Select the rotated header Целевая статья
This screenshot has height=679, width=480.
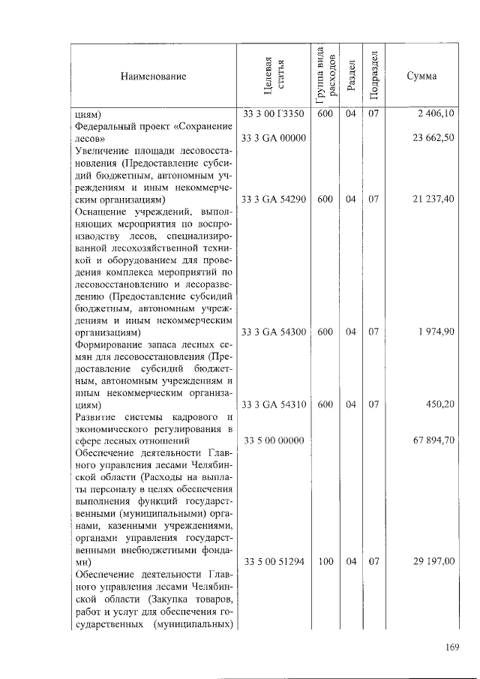[274, 77]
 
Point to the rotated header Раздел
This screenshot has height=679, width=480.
[350, 77]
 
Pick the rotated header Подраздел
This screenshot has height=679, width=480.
[373, 77]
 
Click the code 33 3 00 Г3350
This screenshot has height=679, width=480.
[274, 114]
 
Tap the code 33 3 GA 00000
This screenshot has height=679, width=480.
[274, 138]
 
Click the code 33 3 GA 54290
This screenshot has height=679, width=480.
[274, 200]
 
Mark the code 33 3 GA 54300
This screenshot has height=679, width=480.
[274, 332]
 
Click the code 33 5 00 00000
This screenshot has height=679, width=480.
[274, 440]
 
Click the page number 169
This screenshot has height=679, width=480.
[451, 647]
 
